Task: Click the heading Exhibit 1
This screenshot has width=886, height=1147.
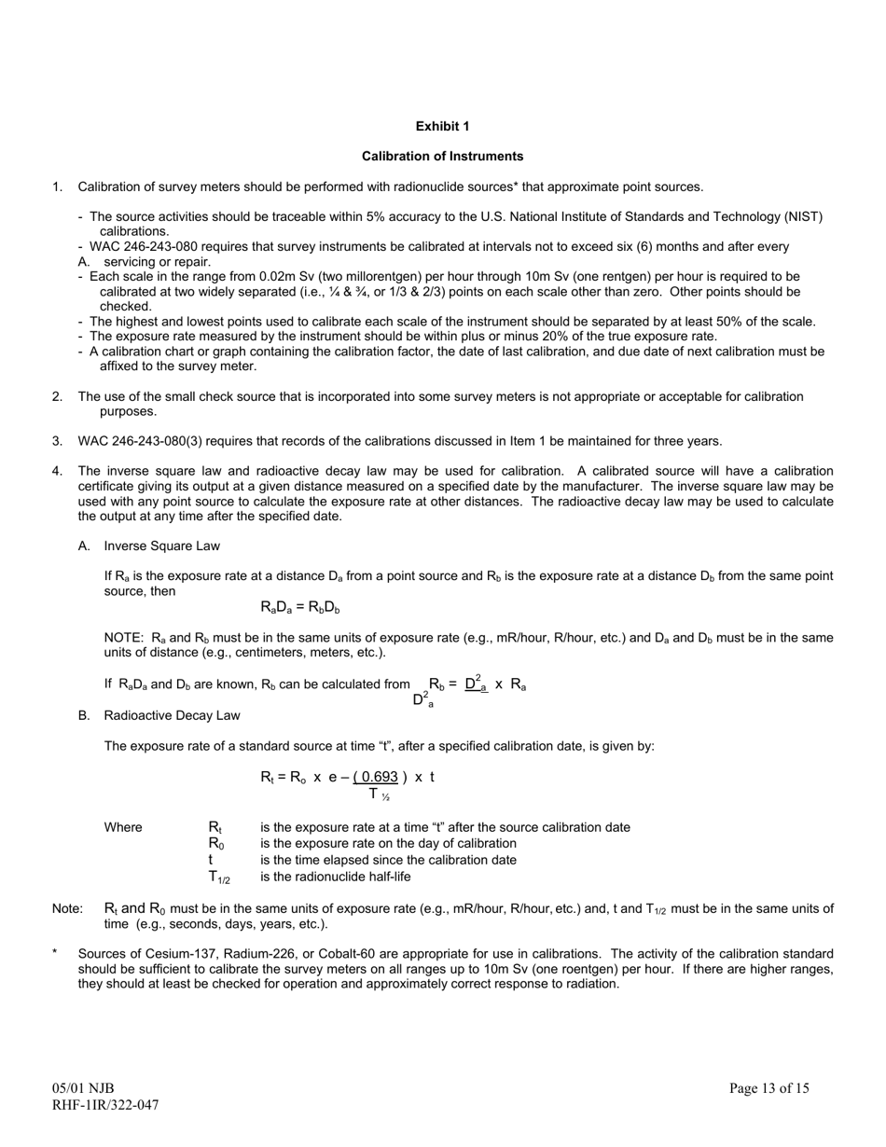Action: click(x=442, y=126)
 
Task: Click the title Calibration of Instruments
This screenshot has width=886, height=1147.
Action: click(x=442, y=156)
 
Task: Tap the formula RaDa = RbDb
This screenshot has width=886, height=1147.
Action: click(x=299, y=608)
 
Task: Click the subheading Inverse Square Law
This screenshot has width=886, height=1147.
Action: click(x=162, y=546)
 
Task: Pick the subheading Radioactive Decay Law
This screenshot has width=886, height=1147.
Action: click(x=172, y=715)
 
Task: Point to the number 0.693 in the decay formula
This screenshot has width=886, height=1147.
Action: click(x=379, y=777)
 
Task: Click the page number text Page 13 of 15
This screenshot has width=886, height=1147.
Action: click(x=768, y=1087)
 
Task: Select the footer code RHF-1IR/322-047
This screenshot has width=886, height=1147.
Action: click(x=105, y=1105)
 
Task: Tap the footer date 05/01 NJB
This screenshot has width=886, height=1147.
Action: click(x=83, y=1087)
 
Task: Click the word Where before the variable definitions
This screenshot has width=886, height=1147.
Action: click(x=123, y=827)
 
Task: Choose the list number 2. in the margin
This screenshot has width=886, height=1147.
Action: click(x=57, y=396)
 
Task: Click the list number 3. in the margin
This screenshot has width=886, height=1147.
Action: click(x=57, y=441)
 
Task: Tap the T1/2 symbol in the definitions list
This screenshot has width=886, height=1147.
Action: click(x=219, y=877)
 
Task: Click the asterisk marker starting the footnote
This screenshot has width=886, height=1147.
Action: click(x=55, y=953)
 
